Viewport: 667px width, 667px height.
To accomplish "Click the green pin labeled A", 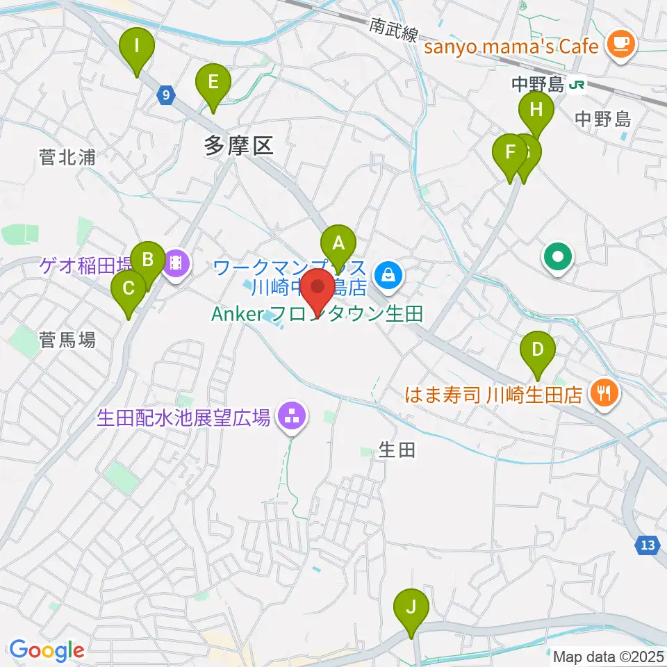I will [x=338, y=244].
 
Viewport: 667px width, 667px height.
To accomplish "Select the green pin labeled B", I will [x=147, y=261].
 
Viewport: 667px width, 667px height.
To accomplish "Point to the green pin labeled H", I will [x=536, y=110].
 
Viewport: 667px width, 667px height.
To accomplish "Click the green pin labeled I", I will [x=136, y=47].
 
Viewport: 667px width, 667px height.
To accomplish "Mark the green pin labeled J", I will [x=411, y=607].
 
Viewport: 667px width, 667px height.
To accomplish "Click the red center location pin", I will [x=319, y=287].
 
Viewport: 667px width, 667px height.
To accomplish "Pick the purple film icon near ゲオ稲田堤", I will [x=176, y=261].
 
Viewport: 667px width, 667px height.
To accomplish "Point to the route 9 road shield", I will [x=165, y=95].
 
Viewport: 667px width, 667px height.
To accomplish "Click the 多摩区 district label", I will [x=239, y=145].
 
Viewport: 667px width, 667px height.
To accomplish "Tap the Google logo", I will [x=47, y=651].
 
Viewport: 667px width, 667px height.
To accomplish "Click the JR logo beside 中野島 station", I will [x=576, y=85].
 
